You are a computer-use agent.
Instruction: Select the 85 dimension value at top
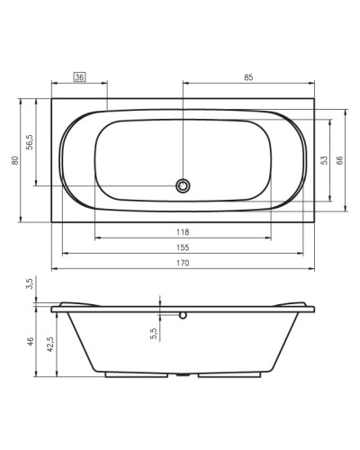(x=248, y=78)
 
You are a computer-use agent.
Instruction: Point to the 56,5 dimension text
(x=30, y=144)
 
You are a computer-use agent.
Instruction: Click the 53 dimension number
(x=322, y=159)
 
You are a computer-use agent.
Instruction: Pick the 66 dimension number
(x=340, y=159)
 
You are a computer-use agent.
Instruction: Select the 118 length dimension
(x=183, y=231)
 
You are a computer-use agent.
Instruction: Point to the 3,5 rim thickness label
(x=30, y=283)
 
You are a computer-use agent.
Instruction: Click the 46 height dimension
(x=30, y=342)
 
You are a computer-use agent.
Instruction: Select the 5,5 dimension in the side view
(x=153, y=333)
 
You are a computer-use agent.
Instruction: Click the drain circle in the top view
(x=183, y=186)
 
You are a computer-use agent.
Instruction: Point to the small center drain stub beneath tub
(x=183, y=373)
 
